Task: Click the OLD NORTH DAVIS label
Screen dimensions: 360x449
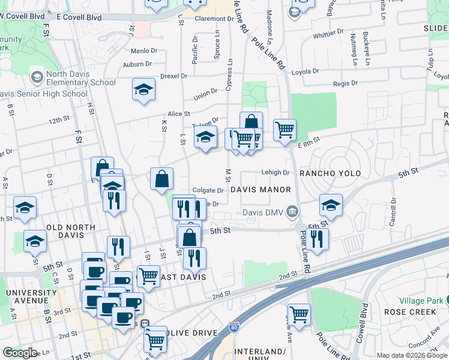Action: [x=62, y=227]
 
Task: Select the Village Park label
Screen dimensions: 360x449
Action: [x=425, y=299]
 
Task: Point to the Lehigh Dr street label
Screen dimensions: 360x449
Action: [x=276, y=172]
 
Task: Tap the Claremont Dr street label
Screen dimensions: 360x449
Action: [x=214, y=19]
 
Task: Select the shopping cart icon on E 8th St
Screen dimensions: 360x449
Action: [x=285, y=128]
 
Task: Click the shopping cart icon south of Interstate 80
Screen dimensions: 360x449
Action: [x=299, y=313]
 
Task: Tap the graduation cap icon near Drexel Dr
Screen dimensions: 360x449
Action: [x=143, y=90]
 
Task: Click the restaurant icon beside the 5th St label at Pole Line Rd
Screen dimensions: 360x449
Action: [x=317, y=238]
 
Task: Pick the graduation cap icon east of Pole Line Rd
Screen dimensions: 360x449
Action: [x=331, y=205]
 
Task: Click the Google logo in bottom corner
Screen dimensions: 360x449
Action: [x=20, y=353]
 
